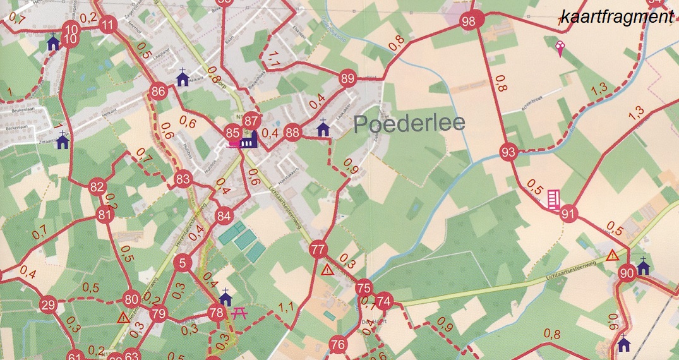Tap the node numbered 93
click(x=508, y=152)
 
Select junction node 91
click(x=569, y=213)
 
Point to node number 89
click(x=347, y=79)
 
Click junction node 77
click(x=318, y=249)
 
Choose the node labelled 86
click(x=158, y=92)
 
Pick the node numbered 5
click(x=183, y=263)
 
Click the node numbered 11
click(x=109, y=25)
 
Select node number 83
click(x=183, y=179)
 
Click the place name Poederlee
click(x=409, y=123)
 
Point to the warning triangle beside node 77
click(x=327, y=270)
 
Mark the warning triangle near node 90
click(x=612, y=256)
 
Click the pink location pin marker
click(x=559, y=47)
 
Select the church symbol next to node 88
click(x=323, y=128)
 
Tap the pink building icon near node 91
click(x=553, y=199)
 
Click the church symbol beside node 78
click(x=225, y=296)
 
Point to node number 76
click(x=338, y=345)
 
